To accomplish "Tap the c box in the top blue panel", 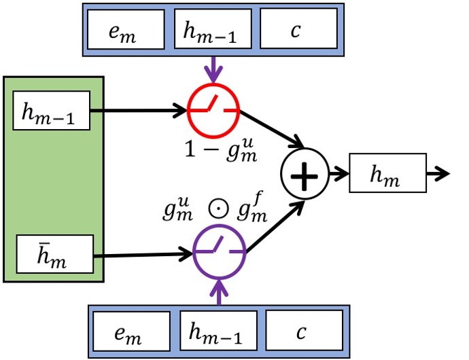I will coord(298,31).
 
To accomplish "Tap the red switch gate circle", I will coord(213,109).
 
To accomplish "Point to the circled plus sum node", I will coord(305,175).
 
